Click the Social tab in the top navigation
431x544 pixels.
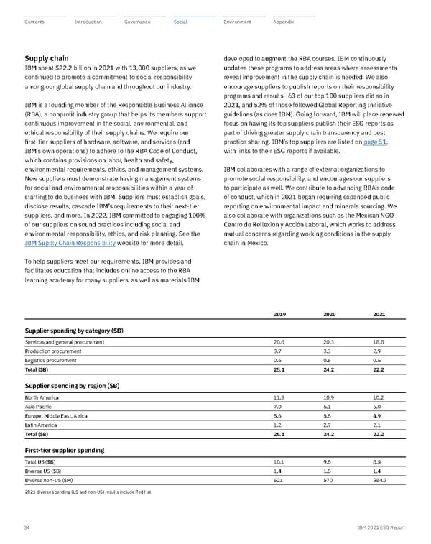click(180, 22)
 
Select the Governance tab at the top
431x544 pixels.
click(136, 22)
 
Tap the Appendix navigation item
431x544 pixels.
click(284, 22)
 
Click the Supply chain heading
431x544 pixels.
click(47, 58)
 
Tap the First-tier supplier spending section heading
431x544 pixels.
click(65, 450)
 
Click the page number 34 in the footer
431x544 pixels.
click(27, 527)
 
